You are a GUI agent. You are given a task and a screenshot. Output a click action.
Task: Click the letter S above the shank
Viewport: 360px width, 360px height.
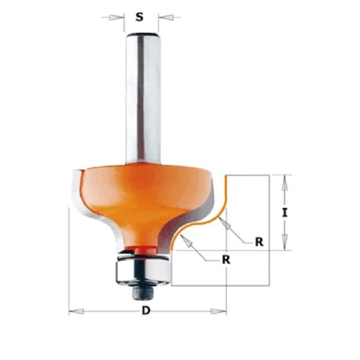140,17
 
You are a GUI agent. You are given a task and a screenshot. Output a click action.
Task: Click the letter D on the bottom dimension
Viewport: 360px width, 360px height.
146,310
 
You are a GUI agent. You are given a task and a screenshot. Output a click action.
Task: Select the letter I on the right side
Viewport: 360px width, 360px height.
285,213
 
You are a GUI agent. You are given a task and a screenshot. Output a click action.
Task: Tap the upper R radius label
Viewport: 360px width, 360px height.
259,242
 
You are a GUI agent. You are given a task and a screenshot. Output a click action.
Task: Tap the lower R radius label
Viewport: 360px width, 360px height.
226,259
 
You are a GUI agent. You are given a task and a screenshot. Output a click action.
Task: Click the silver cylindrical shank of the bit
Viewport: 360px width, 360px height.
143,98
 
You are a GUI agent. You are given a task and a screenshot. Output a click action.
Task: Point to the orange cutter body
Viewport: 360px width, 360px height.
141,199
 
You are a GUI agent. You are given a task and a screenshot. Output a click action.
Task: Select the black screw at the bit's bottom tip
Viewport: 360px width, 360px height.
142,292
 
